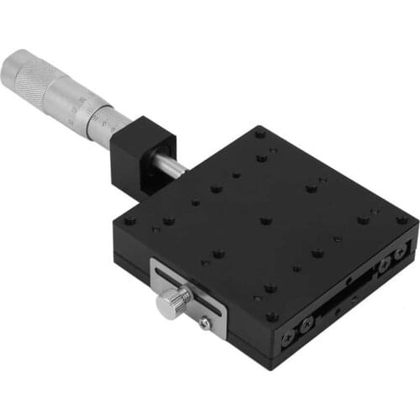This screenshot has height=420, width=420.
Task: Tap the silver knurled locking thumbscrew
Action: (175, 299)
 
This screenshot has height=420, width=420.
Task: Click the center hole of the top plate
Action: (265, 222)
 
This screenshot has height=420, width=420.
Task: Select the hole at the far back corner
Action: (260, 132)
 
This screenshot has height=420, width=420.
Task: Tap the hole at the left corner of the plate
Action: (129, 222)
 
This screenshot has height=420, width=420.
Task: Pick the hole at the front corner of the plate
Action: (271, 317)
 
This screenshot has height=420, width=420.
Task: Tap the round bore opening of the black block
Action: (156, 160)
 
